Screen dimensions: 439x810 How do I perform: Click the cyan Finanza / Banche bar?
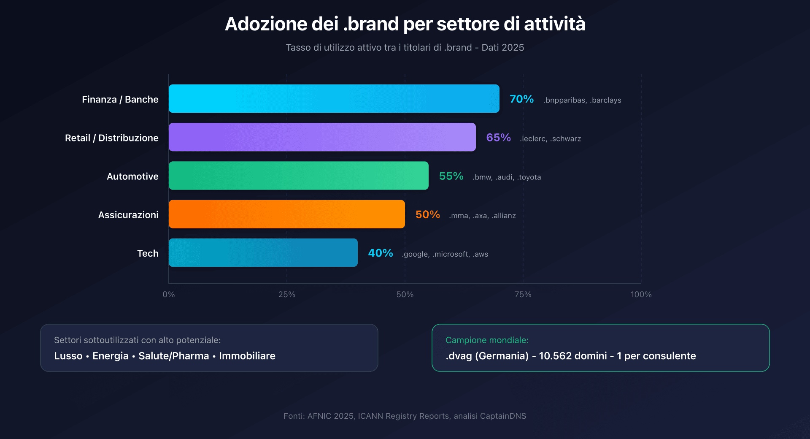pyautogui.click(x=334, y=99)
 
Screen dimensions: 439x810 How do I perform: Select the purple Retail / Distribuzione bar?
pyautogui.click(x=322, y=137)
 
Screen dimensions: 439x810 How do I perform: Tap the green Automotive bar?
pyautogui.click(x=298, y=176)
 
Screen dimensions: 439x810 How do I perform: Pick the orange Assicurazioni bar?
pyautogui.click(x=286, y=214)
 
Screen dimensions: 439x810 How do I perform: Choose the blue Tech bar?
pyautogui.click(x=263, y=252)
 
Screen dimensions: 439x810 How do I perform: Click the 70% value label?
pyautogui.click(x=521, y=99)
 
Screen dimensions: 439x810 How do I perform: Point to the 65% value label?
pyautogui.click(x=498, y=138)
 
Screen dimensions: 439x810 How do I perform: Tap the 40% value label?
pyautogui.click(x=380, y=253)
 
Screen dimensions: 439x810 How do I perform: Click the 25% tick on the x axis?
pyautogui.click(x=287, y=295)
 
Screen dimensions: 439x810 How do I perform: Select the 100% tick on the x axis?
pyautogui.click(x=641, y=295)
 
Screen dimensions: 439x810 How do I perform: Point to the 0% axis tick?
pyautogui.click(x=169, y=295)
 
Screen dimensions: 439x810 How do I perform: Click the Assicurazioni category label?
pyautogui.click(x=128, y=215)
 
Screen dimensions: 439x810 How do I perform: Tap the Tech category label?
pyautogui.click(x=148, y=253)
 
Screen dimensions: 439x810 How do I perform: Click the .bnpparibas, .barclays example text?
pyautogui.click(x=582, y=100)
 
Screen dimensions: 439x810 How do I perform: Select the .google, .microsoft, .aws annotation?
pyautogui.click(x=445, y=254)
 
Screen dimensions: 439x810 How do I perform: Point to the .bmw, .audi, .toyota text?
pyautogui.click(x=507, y=177)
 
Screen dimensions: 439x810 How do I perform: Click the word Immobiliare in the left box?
pyautogui.click(x=247, y=356)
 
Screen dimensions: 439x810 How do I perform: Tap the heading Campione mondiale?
pyautogui.click(x=487, y=340)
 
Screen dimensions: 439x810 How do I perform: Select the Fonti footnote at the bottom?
pyautogui.click(x=405, y=416)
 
